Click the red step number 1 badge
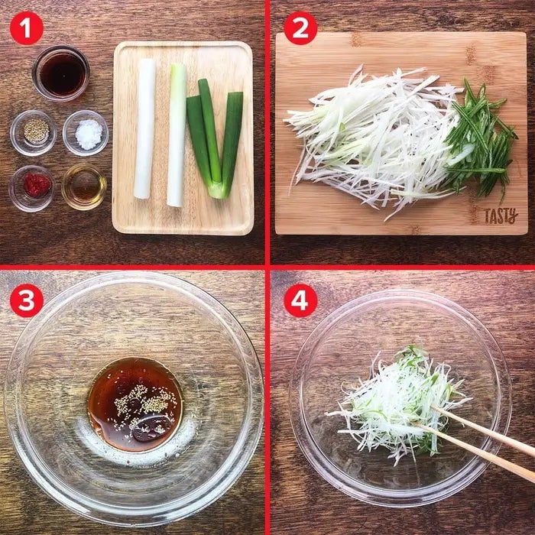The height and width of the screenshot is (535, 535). tap(27, 28)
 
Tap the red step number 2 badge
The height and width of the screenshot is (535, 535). tap(300, 28)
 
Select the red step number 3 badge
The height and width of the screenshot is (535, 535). tap(27, 300)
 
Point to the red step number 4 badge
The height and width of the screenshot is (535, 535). tap(300, 300)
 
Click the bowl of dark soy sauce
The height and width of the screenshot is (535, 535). tap(60, 73)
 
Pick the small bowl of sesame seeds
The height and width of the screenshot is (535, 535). tap(33, 133)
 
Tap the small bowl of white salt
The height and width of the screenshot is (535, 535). tap(86, 133)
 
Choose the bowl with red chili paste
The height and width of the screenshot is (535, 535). tap(32, 188)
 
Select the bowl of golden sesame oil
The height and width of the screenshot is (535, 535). tap(84, 187)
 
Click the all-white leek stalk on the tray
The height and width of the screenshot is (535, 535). tap(144, 128)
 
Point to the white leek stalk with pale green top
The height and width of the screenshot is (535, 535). tap(177, 135)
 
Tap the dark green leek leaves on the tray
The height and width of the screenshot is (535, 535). tap(215, 137)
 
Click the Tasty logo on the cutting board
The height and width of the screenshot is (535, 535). tap(501, 216)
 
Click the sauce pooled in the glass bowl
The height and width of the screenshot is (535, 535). tap(135, 404)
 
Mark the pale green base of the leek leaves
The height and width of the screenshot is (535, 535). tap(219, 190)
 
